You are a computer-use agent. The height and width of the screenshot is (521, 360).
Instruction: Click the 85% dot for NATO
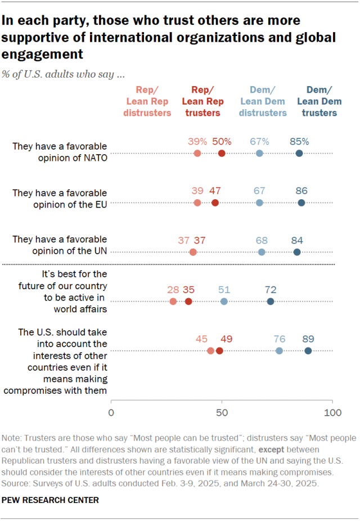click(299, 153)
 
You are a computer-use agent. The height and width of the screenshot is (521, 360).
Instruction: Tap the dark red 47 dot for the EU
click(215, 203)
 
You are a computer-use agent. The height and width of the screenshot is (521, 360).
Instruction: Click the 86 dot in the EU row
click(301, 203)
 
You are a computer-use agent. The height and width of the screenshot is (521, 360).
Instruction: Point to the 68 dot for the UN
click(262, 252)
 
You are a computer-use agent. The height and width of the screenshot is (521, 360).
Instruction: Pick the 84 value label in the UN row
click(297, 240)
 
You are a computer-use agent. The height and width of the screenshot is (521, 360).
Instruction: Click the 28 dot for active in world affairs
click(173, 302)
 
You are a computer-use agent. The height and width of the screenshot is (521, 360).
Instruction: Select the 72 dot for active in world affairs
click(271, 302)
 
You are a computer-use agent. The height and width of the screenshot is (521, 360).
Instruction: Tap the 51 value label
click(224, 290)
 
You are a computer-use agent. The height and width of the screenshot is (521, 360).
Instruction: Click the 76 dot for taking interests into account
click(279, 351)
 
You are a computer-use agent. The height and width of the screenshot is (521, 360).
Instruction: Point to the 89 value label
click(308, 339)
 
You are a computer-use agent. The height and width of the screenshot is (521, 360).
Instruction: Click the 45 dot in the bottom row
click(210, 351)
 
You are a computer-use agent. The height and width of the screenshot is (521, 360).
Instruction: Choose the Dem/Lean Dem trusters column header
click(318, 101)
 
